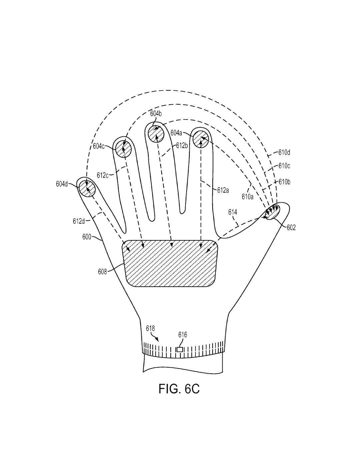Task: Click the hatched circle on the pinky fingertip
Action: click(x=87, y=188)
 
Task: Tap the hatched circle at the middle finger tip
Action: click(x=156, y=134)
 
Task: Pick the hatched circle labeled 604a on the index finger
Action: click(x=201, y=139)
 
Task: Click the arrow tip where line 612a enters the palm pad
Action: click(x=201, y=248)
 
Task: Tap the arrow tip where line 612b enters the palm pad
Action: click(x=172, y=247)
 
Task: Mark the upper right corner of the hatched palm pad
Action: click(x=217, y=241)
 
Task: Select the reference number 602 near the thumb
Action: click(x=291, y=228)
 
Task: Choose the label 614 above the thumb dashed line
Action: click(x=232, y=212)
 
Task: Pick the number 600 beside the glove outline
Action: click(x=87, y=237)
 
